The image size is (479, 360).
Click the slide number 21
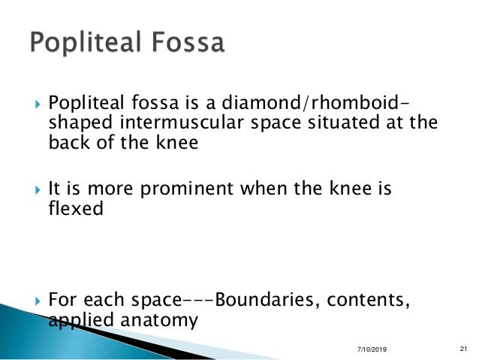coord(462,349)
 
